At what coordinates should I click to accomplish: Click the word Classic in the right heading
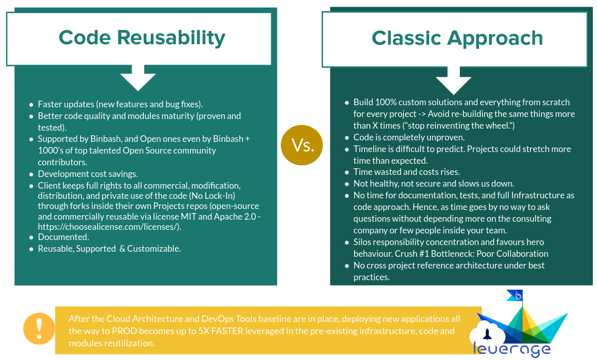point(406,38)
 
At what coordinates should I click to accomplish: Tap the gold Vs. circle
point(301,145)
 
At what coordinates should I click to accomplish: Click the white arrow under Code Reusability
point(138,78)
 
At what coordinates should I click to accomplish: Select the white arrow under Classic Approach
point(453,80)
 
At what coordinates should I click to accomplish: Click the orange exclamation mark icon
point(39,328)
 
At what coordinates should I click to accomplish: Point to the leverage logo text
point(512,349)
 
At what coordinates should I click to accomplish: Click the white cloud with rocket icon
point(487,333)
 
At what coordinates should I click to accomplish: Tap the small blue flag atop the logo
point(515,295)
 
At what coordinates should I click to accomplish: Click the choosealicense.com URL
point(109,227)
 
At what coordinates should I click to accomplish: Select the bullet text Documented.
point(63,237)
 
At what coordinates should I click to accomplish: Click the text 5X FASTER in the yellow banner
point(221,331)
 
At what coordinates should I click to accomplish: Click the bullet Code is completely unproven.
point(409,137)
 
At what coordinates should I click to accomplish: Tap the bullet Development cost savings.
point(87,174)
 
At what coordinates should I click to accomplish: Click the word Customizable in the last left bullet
point(154,249)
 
